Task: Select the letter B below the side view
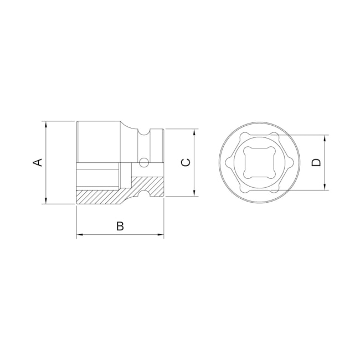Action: (x=120, y=226)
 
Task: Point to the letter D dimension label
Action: (x=316, y=162)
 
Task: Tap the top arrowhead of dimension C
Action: (x=194, y=132)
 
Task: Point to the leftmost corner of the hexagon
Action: (x=227, y=162)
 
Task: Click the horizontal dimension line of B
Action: (x=120, y=235)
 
